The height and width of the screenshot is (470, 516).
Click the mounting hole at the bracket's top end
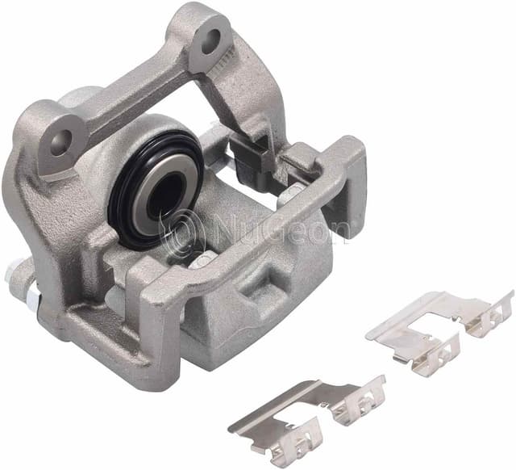210,41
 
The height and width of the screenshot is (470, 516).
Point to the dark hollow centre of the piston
165,195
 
